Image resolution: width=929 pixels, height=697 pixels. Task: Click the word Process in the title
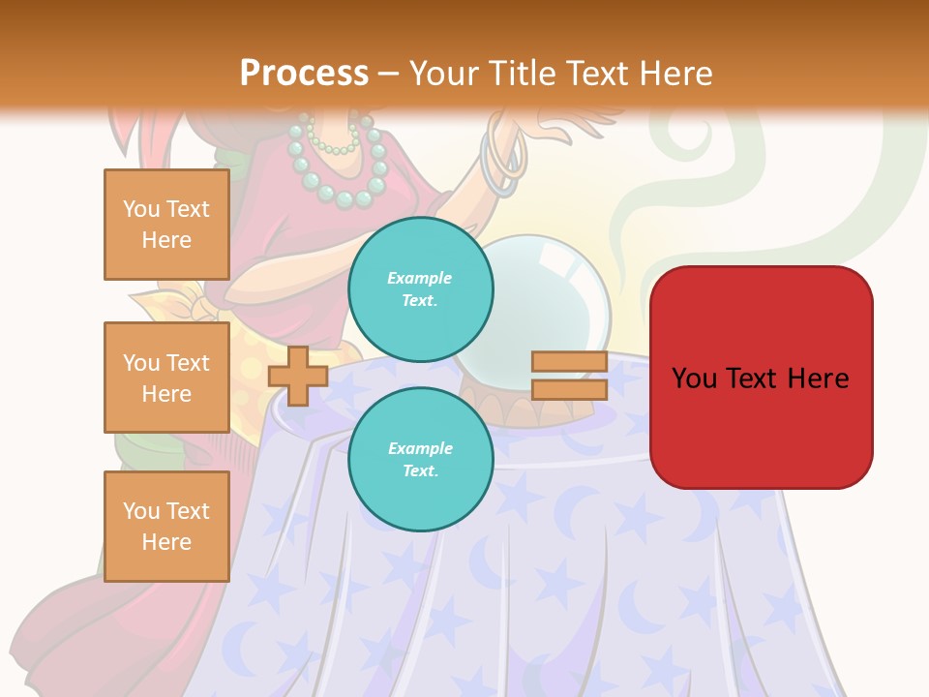304,73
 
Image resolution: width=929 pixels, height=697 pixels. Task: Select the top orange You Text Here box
166,225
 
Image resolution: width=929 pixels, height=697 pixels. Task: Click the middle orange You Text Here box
166,378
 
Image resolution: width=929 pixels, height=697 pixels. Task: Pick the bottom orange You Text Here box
166,527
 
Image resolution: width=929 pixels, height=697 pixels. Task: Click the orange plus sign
297,376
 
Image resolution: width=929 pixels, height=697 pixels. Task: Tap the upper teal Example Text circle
420,288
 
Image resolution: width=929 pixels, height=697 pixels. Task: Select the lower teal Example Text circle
420,459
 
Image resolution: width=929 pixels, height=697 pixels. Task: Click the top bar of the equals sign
569,362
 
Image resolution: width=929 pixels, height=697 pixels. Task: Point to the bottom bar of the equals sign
569,389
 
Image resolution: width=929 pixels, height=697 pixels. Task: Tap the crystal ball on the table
542,310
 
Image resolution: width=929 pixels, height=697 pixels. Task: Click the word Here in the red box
818,378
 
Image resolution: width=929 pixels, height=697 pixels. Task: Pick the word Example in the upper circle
420,278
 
